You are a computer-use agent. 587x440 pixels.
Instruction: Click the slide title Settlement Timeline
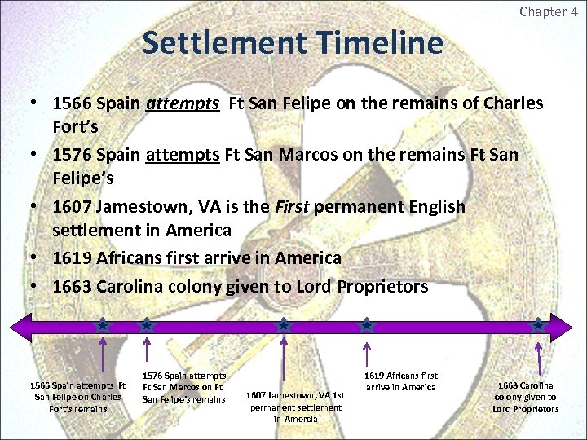click(292, 42)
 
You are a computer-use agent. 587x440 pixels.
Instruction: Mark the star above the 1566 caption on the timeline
click(103, 325)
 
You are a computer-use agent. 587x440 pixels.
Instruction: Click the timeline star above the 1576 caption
click(146, 325)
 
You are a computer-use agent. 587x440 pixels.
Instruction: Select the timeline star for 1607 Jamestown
click(283, 325)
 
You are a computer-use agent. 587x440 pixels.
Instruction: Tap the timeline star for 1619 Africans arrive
click(367, 325)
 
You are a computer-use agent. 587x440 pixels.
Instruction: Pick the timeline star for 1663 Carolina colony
click(537, 325)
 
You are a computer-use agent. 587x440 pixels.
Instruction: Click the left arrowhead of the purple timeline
click(18, 326)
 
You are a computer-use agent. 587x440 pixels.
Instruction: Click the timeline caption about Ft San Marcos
click(183, 388)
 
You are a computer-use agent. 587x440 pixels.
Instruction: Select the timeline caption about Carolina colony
click(525, 397)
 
